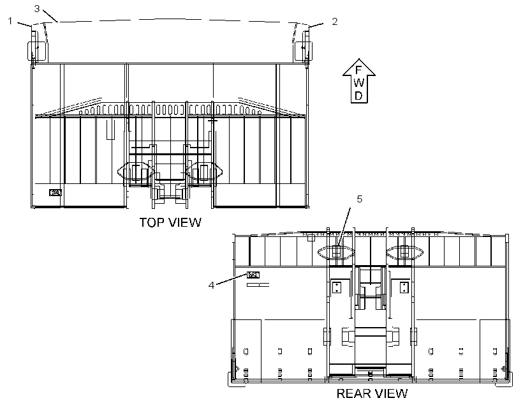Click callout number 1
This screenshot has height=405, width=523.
10,21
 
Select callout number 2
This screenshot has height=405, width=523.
335,21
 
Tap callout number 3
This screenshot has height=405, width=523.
37,9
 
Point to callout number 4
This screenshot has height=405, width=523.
211,286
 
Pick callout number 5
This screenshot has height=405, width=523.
359,199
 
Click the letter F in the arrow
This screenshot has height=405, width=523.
358,70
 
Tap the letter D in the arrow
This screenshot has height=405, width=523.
358,96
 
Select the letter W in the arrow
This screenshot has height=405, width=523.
359,83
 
